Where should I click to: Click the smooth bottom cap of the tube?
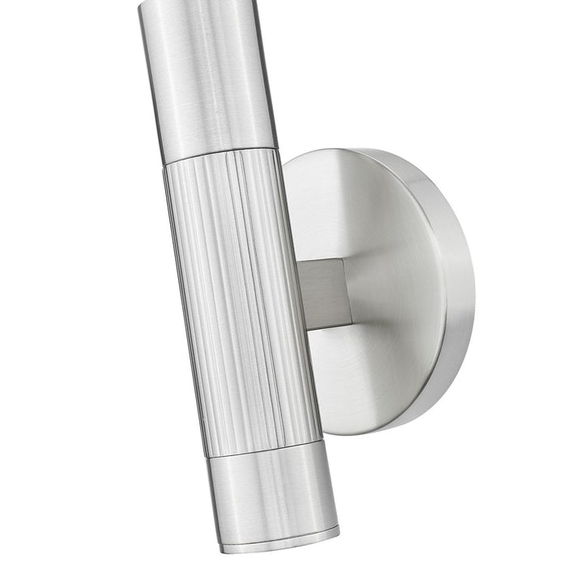click(x=271, y=494)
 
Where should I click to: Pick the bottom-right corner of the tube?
click(x=339, y=531)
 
